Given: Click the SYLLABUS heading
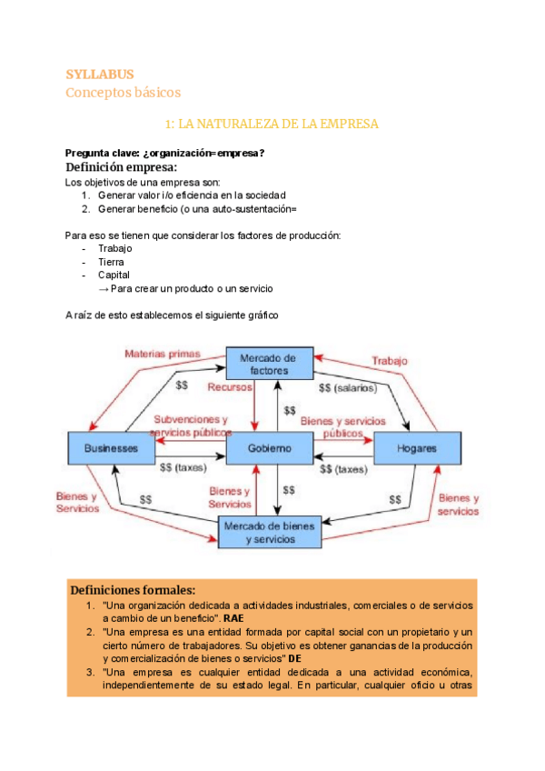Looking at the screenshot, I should (x=100, y=74).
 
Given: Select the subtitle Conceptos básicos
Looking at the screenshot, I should (x=124, y=92).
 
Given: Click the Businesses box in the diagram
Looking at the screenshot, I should (x=111, y=448).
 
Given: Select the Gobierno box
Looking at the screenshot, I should (x=269, y=448).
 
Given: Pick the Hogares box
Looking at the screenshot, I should (x=417, y=448).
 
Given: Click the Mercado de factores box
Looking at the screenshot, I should (x=269, y=365).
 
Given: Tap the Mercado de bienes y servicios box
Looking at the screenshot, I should (x=270, y=532).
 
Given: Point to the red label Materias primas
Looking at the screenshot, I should (x=163, y=354).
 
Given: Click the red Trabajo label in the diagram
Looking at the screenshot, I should (x=389, y=361).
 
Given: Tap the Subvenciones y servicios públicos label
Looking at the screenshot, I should (x=191, y=426).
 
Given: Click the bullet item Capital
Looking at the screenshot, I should (x=114, y=275).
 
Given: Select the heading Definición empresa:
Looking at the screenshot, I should (x=121, y=167).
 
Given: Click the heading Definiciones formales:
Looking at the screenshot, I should (x=133, y=589).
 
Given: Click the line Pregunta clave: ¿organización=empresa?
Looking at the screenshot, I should (x=164, y=153).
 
